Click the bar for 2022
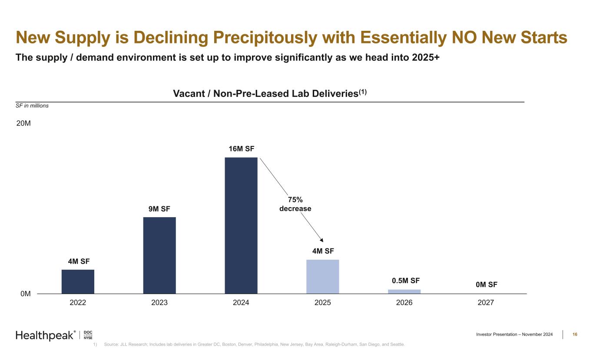(x=78, y=281)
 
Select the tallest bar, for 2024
(x=241, y=225)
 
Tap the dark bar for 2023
(x=159, y=255)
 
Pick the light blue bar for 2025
(x=323, y=277)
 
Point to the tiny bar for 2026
(x=404, y=291)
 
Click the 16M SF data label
(x=241, y=149)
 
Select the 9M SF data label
(x=159, y=209)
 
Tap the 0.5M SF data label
(x=404, y=281)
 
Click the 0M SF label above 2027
(x=486, y=285)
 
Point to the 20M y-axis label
(x=23, y=123)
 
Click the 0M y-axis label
(x=26, y=294)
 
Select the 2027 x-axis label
(x=486, y=303)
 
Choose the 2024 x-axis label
(x=241, y=303)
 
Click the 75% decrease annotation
(x=295, y=204)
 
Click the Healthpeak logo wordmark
(x=45, y=335)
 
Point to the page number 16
(x=575, y=334)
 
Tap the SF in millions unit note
(x=32, y=106)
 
